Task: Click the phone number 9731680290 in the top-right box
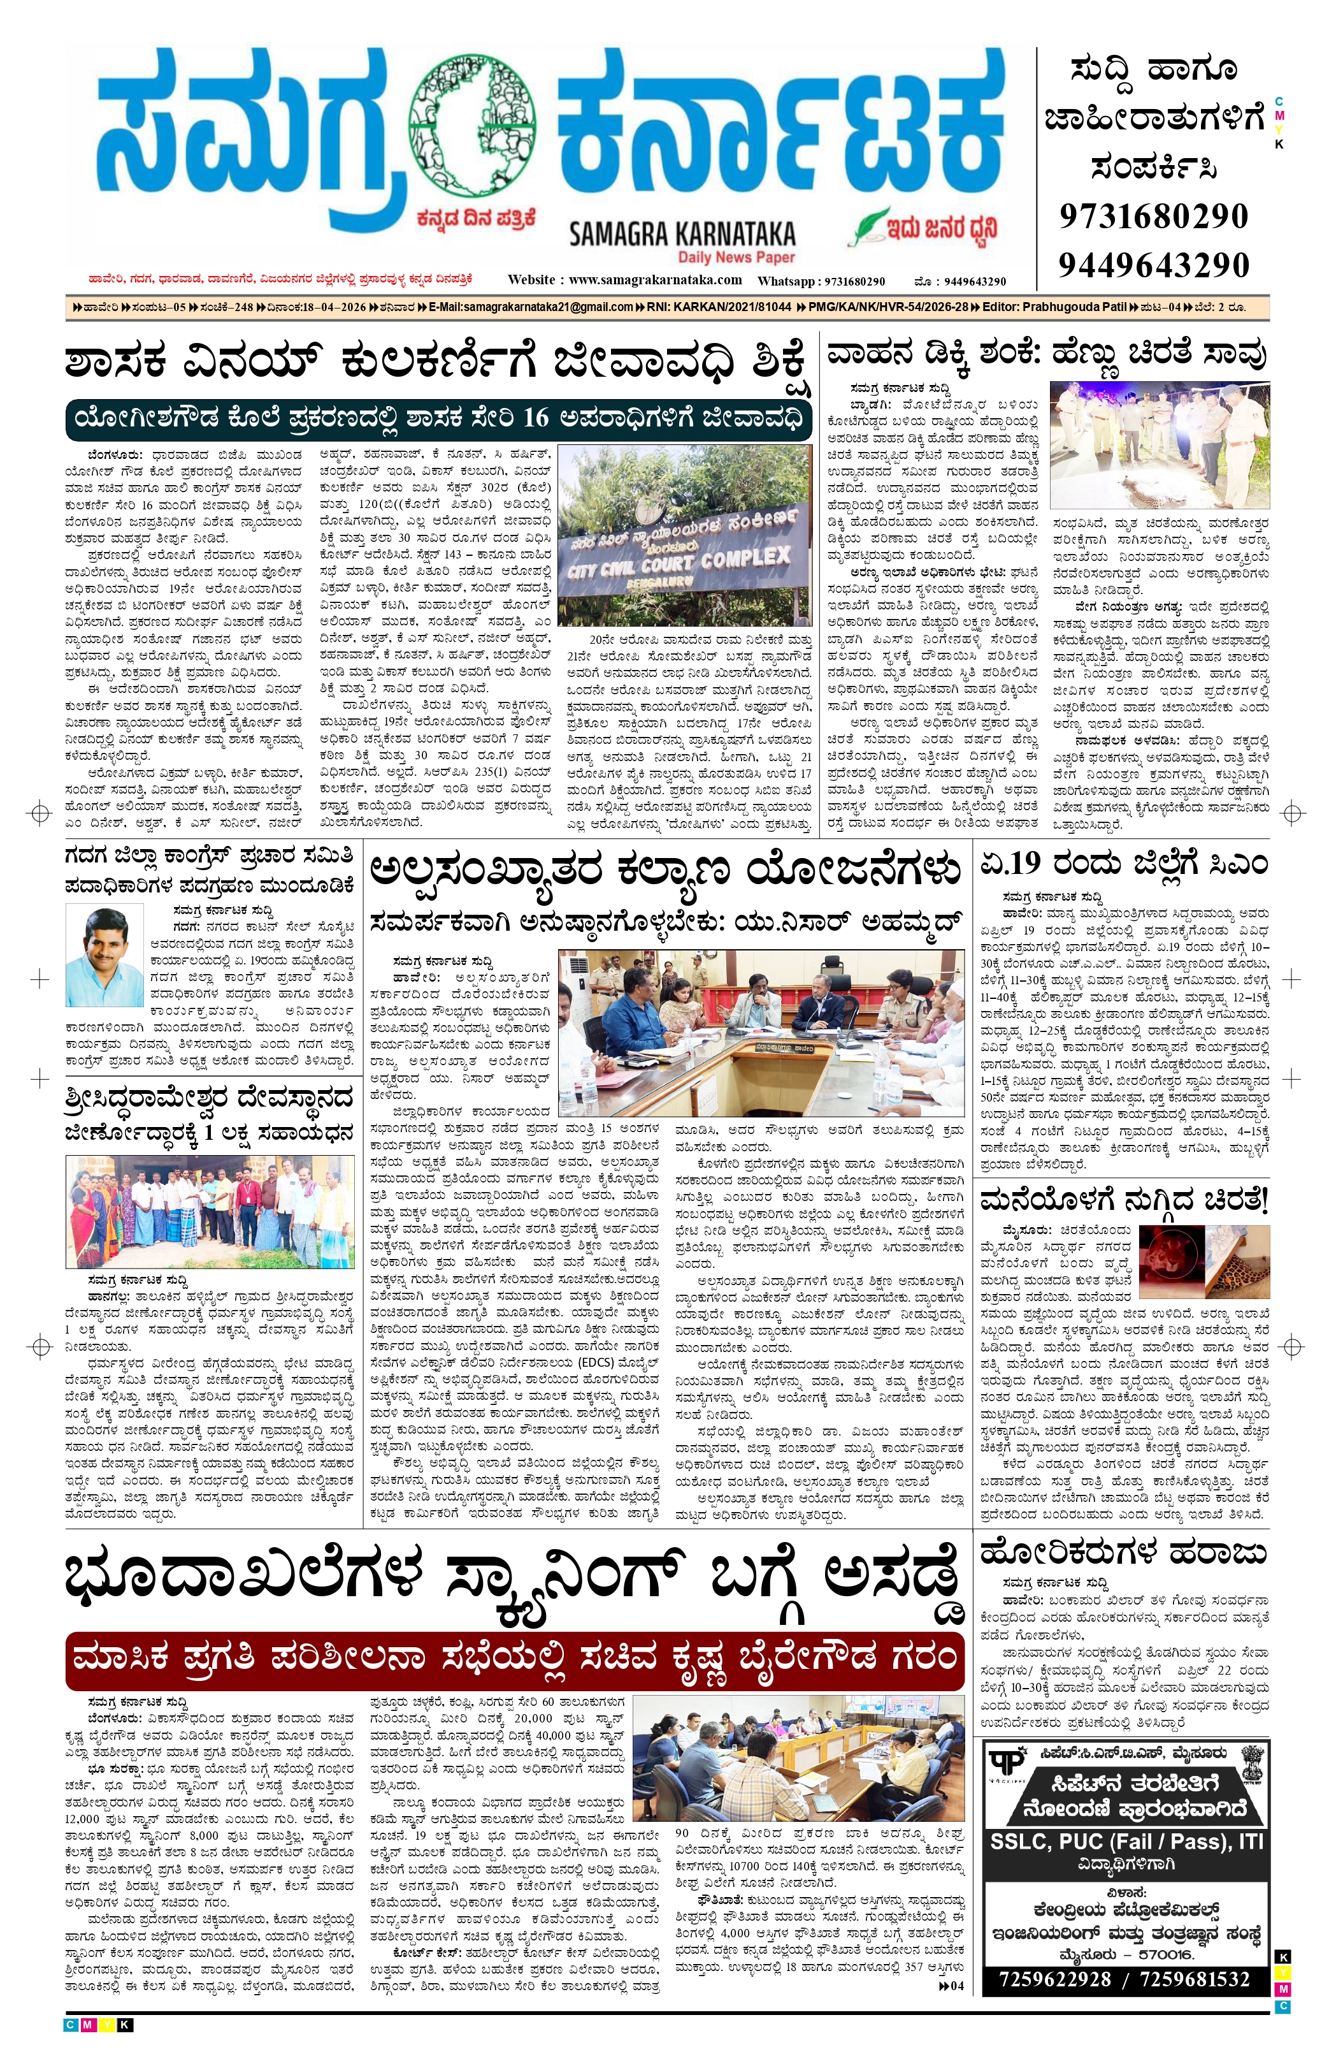(x=1153, y=215)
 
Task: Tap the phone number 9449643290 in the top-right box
(x=1153, y=265)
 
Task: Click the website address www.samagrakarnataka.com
(x=655, y=280)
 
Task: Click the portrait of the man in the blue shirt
(x=104, y=956)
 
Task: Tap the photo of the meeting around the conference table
(x=760, y=1033)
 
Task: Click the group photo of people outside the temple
(x=210, y=1211)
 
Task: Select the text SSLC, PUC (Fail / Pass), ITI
(x=1126, y=1842)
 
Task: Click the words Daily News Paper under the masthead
(x=736, y=257)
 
